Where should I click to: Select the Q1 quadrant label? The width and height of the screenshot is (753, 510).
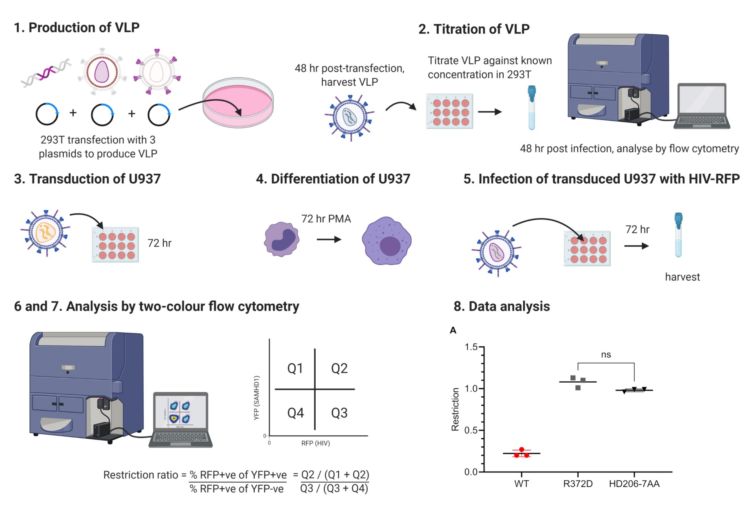tap(295, 368)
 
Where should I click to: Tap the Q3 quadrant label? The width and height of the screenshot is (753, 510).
tap(339, 413)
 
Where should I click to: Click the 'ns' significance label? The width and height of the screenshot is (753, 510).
tap(606, 355)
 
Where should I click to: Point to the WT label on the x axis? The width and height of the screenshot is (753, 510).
tap(521, 484)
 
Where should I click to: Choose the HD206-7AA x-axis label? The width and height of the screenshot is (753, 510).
tap(634, 484)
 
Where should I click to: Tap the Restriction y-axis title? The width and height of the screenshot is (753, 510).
tap(455, 409)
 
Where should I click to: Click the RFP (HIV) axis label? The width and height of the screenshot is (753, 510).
tap(316, 443)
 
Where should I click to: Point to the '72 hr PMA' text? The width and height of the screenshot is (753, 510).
tap(326, 219)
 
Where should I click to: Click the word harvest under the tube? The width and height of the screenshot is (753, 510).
tap(682, 277)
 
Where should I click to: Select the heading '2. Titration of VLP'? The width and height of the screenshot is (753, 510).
tap(474, 29)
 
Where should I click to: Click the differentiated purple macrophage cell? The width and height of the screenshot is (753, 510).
tap(386, 241)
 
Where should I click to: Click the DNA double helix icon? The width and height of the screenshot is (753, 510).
tap(46, 73)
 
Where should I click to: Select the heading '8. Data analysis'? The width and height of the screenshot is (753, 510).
tap(502, 306)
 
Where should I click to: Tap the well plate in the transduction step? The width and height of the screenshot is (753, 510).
tap(115, 245)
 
